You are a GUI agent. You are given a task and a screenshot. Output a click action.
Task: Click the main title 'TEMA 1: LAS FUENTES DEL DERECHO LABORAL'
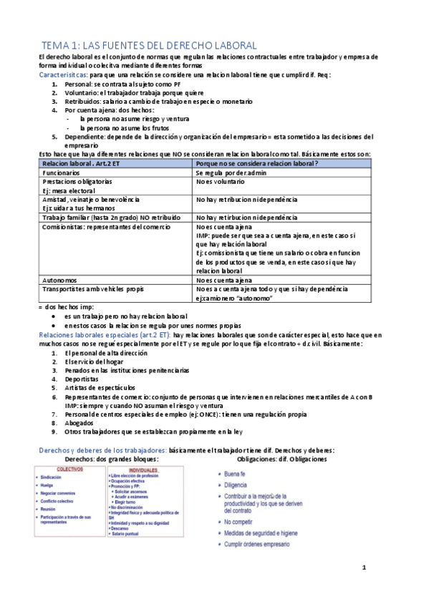[x=144, y=45]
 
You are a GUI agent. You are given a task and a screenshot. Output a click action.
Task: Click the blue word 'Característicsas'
[x=64, y=74]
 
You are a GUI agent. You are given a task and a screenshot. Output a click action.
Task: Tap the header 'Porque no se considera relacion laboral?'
[x=257, y=164]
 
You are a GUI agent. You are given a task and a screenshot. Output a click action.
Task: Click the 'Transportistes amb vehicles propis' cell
[x=93, y=289]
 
